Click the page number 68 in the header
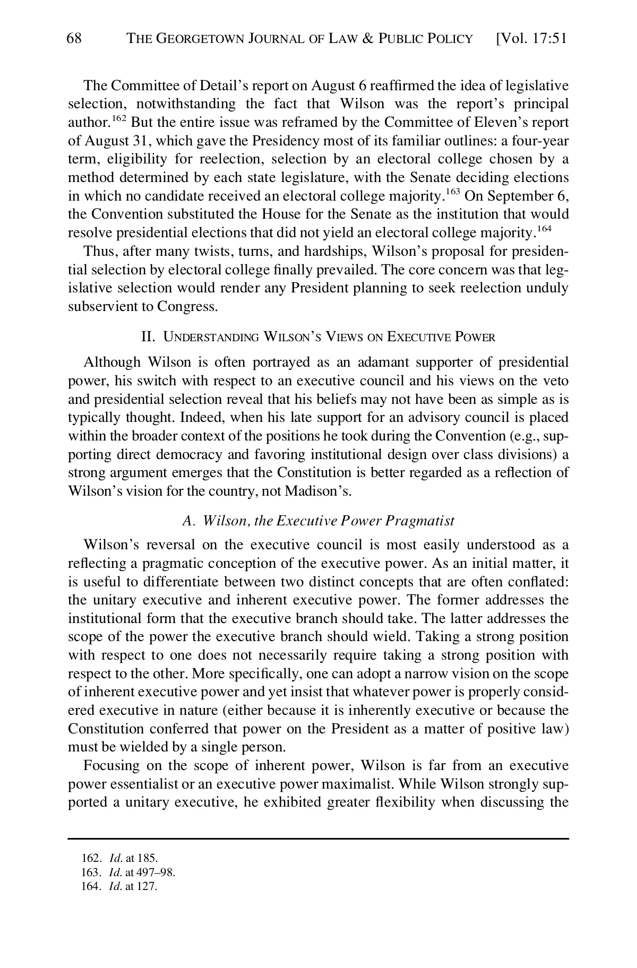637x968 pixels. pos(74,38)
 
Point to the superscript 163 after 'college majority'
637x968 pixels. pos(452,192)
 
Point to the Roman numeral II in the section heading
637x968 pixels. pos(147,336)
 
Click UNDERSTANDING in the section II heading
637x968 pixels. pos(211,337)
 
